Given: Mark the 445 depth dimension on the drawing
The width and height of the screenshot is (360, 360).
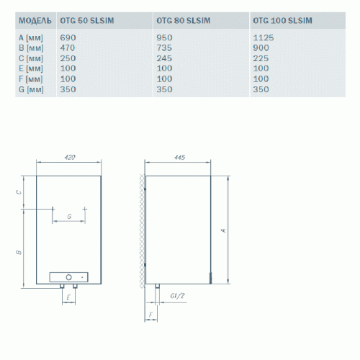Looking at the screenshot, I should (x=180, y=156).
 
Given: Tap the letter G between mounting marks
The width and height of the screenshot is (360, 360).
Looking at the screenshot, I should (x=68, y=215).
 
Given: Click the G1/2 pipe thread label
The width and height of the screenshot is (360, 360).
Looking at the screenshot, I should (x=177, y=296).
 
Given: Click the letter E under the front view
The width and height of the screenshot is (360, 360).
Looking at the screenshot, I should (x=67, y=296).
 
